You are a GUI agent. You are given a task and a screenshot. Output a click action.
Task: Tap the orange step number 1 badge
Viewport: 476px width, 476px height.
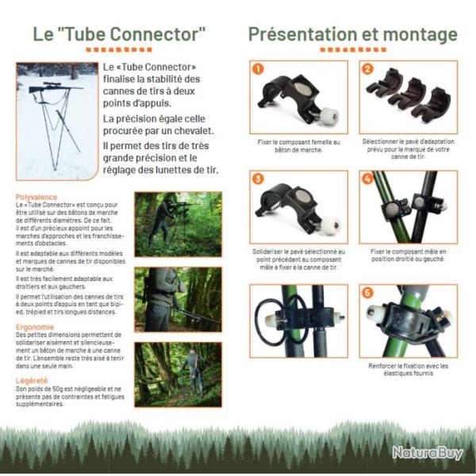pos(259,70)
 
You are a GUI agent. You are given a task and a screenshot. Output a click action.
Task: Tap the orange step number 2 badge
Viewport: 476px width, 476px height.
pos(367,69)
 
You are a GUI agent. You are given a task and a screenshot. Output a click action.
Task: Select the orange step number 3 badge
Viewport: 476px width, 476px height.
pos(259,180)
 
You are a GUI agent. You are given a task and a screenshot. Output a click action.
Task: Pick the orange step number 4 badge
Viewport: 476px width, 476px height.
pos(367,180)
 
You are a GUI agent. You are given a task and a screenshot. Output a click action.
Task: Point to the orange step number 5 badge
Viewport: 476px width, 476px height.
pos(367,293)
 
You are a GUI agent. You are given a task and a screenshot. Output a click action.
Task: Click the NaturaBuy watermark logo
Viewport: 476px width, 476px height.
pos(427,453)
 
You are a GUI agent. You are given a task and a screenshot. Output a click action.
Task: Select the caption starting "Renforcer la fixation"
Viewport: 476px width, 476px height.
pos(408,370)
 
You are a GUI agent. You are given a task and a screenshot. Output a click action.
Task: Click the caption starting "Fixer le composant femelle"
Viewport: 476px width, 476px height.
pos(299,146)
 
